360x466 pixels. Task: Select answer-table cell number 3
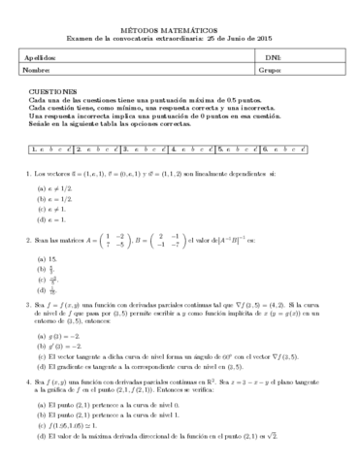click(146, 149)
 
